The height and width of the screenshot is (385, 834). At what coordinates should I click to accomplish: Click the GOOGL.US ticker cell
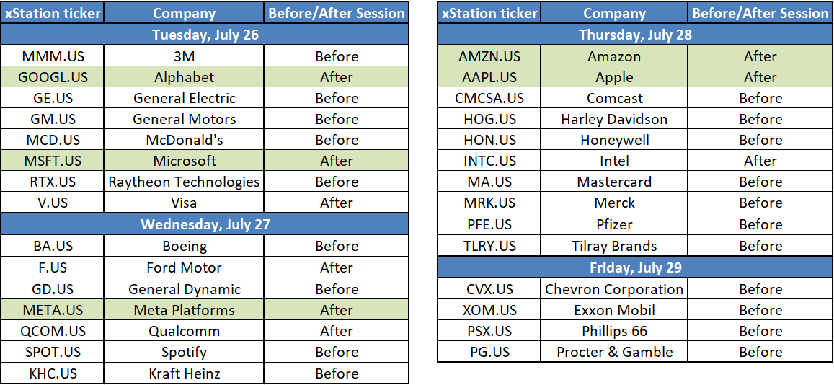tap(52, 77)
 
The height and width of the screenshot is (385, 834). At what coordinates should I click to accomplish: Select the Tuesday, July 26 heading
tap(205, 35)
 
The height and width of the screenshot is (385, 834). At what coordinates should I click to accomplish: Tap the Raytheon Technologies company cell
tap(184, 182)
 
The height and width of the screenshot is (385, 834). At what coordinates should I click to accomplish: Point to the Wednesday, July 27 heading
tap(205, 224)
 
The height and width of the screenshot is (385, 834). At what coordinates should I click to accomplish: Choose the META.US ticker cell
tap(52, 309)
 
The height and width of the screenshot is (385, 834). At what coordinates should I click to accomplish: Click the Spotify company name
tap(184, 352)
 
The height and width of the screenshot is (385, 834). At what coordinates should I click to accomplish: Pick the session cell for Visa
tap(337, 203)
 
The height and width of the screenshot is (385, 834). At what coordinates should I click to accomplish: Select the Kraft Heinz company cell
tap(184, 373)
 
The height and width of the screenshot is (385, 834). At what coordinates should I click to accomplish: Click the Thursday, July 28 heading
tap(636, 35)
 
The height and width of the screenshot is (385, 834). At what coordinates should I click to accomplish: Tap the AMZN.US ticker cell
tap(489, 56)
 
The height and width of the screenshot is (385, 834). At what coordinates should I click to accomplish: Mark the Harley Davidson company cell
tap(614, 119)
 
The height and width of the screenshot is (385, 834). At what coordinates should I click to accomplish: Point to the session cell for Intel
tap(760, 161)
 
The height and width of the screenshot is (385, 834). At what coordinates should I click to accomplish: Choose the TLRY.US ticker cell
tap(489, 246)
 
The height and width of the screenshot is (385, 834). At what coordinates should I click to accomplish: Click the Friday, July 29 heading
tap(636, 267)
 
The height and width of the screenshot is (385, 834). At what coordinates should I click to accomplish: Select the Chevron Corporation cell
tap(614, 288)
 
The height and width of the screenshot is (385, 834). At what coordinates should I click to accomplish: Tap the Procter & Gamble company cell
tap(614, 352)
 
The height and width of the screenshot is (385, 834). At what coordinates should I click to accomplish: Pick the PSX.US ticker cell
tap(489, 331)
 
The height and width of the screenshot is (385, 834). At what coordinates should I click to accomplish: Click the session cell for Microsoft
tap(337, 161)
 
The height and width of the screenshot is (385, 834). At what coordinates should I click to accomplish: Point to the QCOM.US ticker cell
tap(52, 331)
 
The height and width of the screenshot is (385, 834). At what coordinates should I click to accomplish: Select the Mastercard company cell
tap(614, 182)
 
